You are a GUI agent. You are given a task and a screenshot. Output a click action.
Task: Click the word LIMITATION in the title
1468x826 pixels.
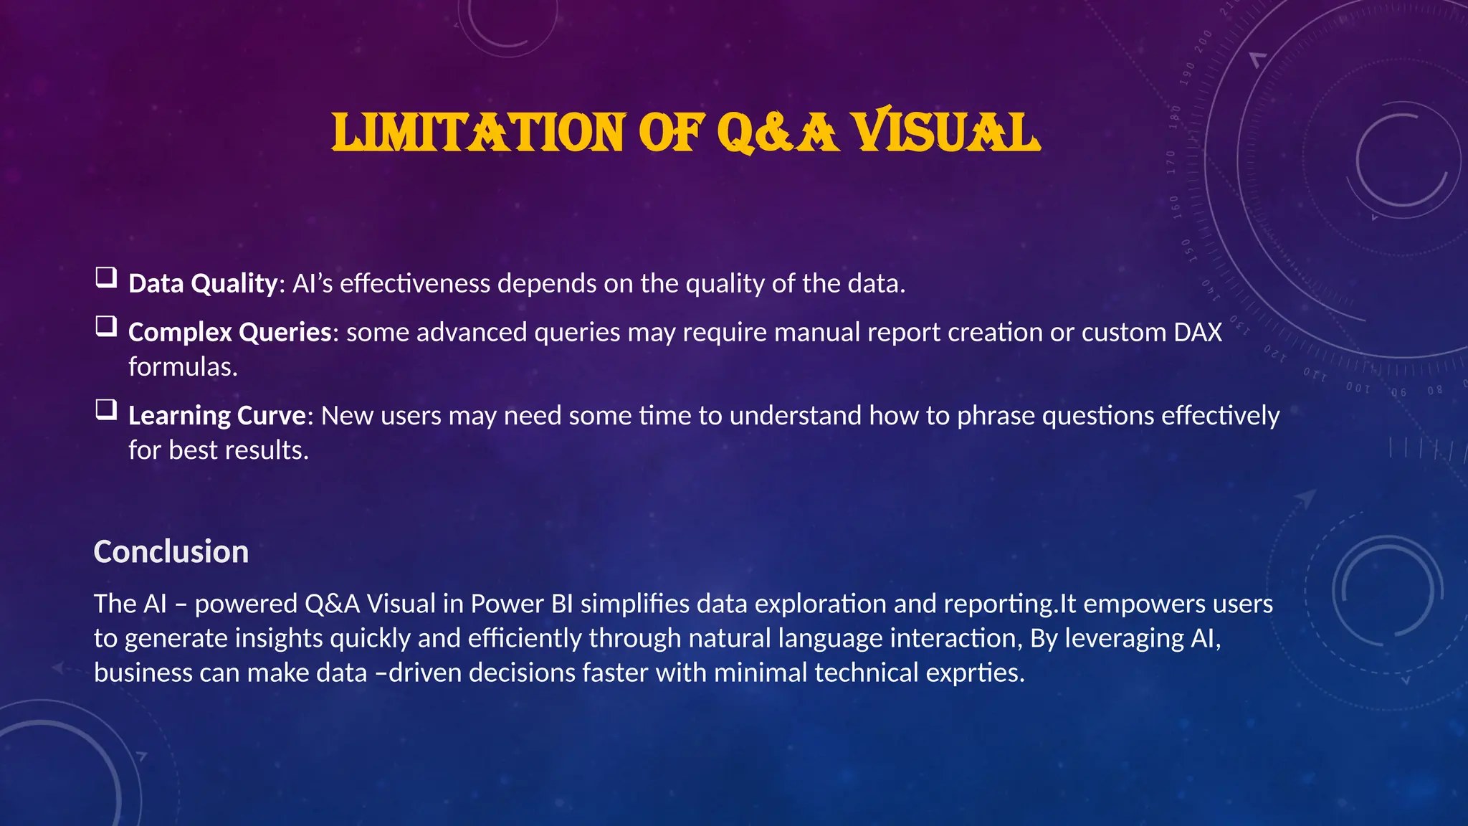[478, 133]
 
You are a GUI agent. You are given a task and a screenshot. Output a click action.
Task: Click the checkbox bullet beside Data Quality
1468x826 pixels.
[106, 277]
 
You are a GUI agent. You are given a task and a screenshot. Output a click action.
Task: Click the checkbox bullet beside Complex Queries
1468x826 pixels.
[106, 326]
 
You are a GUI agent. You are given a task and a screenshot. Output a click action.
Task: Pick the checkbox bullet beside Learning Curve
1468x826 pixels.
[106, 409]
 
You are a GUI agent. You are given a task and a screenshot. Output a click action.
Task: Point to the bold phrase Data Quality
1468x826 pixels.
[202, 284]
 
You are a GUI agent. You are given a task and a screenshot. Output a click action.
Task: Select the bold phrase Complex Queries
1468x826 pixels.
[229, 333]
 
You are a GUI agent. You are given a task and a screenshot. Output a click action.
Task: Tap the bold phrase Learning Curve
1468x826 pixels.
[217, 416]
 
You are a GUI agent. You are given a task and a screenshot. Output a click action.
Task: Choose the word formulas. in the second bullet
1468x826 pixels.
[183, 367]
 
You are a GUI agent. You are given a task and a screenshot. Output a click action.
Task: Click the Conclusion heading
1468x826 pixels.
[171, 552]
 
